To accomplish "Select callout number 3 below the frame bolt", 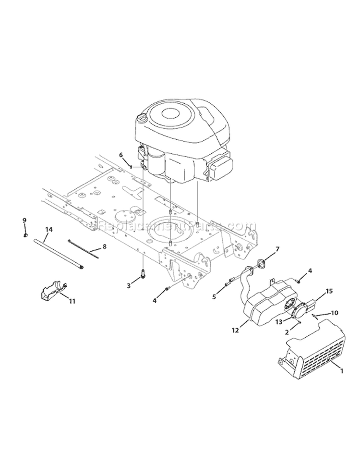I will [x=129, y=285].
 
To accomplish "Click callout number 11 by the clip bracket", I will [x=72, y=301].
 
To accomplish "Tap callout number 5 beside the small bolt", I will [x=214, y=297].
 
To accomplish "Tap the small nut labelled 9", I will [x=25, y=235].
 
